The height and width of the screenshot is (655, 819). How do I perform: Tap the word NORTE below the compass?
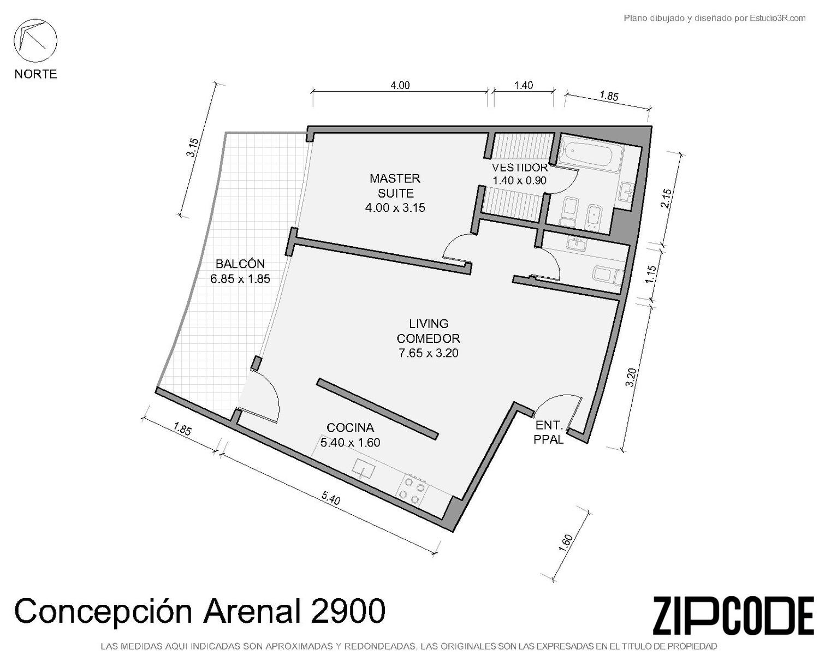[x=36, y=74]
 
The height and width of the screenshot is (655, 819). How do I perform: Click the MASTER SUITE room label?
[x=395, y=186]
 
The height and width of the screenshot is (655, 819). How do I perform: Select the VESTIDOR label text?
[x=519, y=168]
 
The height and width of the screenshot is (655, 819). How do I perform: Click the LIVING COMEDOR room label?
[x=428, y=331]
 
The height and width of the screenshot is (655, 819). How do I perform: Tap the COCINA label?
[x=350, y=428]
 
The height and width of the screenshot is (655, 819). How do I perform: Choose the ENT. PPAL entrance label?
[x=548, y=432]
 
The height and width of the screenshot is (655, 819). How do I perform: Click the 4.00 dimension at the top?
[x=400, y=85]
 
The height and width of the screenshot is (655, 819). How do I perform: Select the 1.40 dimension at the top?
[x=524, y=85]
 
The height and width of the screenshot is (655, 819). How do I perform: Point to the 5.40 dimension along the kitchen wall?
[x=331, y=498]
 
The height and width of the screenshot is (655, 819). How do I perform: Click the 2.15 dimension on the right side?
[x=666, y=198]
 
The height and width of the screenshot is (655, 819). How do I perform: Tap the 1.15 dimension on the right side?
[x=651, y=274]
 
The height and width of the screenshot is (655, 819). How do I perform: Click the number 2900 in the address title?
[x=348, y=611]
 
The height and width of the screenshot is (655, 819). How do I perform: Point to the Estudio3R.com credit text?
[x=778, y=18]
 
